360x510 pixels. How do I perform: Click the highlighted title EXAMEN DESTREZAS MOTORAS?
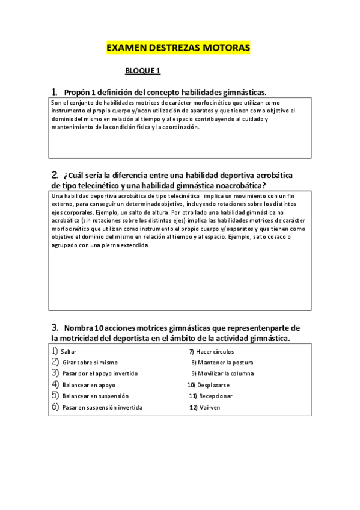178,48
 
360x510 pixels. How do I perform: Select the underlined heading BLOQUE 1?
143,71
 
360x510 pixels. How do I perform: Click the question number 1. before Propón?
55,92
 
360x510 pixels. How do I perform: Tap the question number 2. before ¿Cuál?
55,175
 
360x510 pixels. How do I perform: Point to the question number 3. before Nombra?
55,328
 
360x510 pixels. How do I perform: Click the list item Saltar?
69,351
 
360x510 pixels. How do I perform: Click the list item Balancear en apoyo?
88,385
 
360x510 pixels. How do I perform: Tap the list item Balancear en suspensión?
95,396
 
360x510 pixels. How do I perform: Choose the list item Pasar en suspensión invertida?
102,407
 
